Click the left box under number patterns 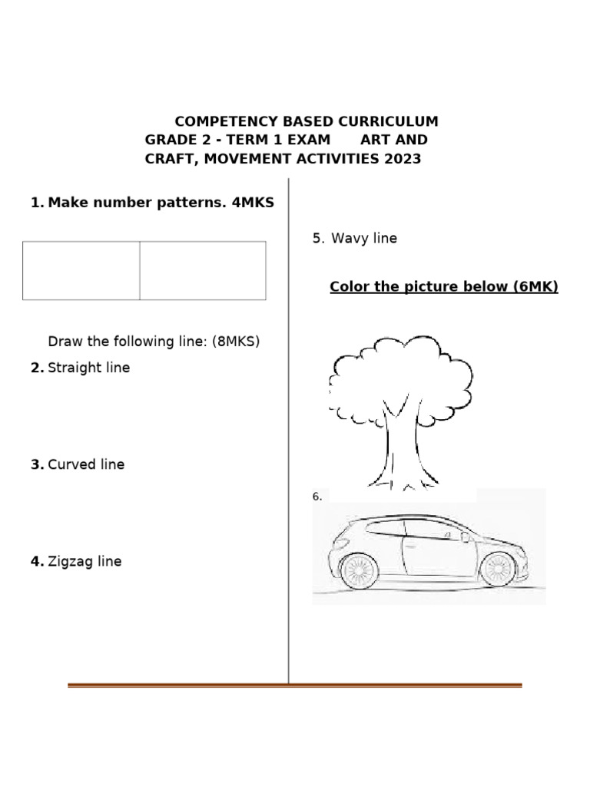81,270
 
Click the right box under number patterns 203,270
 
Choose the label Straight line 88,368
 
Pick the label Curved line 85,464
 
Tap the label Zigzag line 85,561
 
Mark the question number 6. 317,497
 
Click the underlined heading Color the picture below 443,287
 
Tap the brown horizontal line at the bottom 295,685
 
